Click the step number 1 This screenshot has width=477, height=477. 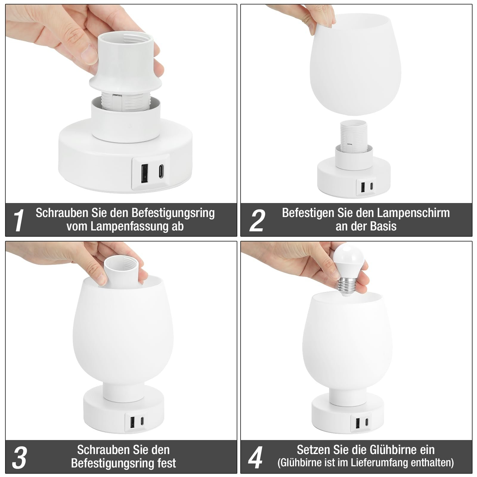point(19,220)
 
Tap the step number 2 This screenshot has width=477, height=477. point(257,220)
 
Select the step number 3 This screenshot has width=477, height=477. point(19,457)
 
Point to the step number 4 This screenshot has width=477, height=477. point(255,457)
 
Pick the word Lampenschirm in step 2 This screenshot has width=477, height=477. point(413,213)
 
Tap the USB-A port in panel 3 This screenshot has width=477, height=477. point(132,421)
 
